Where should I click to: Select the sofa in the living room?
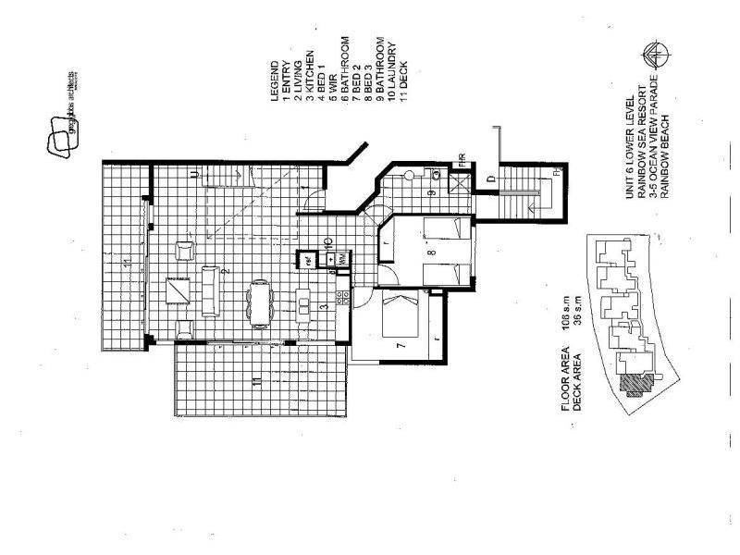click(x=211, y=290)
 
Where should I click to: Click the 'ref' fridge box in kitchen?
click(x=302, y=260)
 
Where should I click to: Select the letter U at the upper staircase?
click(x=193, y=173)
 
